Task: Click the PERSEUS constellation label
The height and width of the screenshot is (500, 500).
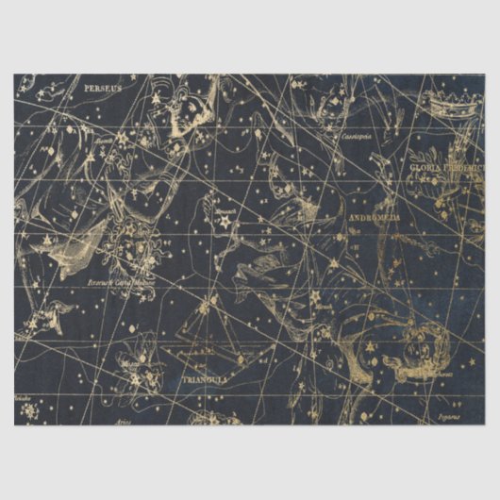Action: pyautogui.click(x=103, y=88)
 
